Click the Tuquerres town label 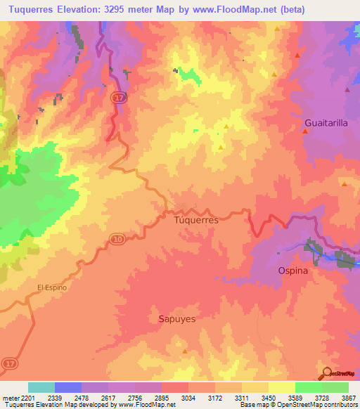click(195, 220)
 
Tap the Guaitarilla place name click(326, 122)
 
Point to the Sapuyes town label click(173, 318)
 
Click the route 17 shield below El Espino click(6, 362)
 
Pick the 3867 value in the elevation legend click(348, 397)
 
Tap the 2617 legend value click(108, 397)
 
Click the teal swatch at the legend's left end click(41, 387)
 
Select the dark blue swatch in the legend click(67, 387)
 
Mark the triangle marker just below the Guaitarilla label click(304, 132)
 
